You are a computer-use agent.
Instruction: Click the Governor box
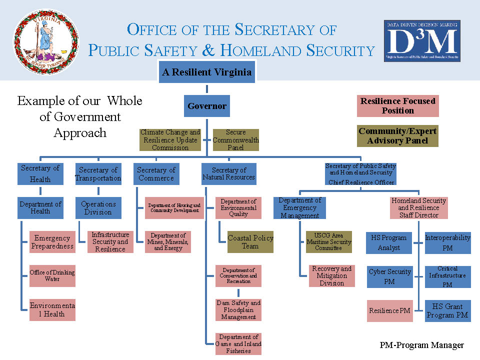pyautogui.click(x=207, y=106)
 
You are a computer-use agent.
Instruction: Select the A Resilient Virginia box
pyautogui.click(x=206, y=72)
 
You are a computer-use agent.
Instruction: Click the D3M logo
pyautogui.click(x=422, y=41)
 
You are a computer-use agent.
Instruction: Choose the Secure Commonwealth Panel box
pyautogui.click(x=236, y=140)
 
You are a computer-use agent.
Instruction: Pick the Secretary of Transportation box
pyautogui.click(x=98, y=174)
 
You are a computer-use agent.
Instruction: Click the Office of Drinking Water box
pyautogui.click(x=52, y=275)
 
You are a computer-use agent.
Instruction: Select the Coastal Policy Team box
pyautogui.click(x=250, y=241)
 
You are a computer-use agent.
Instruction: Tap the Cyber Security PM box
pyautogui.click(x=389, y=276)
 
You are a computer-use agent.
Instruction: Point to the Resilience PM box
pyautogui.click(x=389, y=310)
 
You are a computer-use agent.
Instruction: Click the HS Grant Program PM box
pyautogui.click(x=447, y=310)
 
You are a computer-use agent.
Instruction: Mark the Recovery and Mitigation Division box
pyautogui.click(x=331, y=276)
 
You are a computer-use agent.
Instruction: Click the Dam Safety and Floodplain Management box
pyautogui.click(x=238, y=310)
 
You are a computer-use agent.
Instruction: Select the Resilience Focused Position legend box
pyautogui.click(x=397, y=106)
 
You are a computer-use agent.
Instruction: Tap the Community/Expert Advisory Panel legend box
pyautogui.click(x=397, y=136)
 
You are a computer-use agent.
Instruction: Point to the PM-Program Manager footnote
pyautogui.click(x=421, y=345)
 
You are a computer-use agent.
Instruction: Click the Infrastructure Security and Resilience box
pyautogui.click(x=110, y=241)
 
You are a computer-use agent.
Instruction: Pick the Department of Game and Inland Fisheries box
pyautogui.click(x=238, y=344)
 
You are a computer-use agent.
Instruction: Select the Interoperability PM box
pyautogui.click(x=447, y=242)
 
